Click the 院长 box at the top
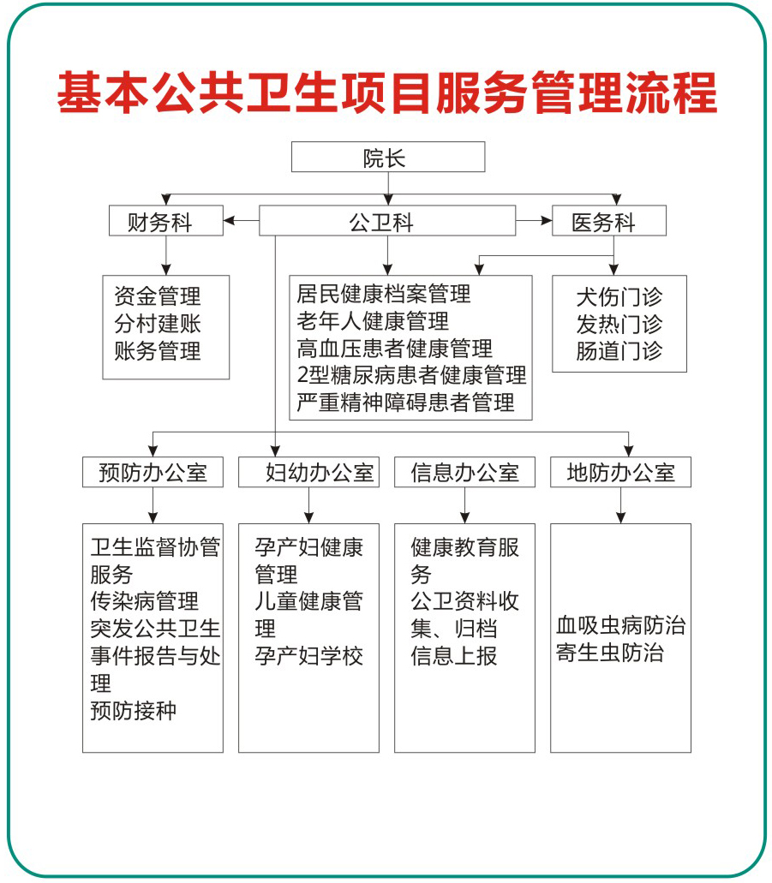387,157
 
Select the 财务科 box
165,221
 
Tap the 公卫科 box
387,221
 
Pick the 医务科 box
609,221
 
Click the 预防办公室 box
153,472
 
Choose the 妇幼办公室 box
308,472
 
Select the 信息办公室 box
465,472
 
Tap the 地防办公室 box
620,472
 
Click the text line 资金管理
158,296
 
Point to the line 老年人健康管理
373,321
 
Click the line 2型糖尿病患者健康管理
411,375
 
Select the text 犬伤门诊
619,297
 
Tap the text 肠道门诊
619,351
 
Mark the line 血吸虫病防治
621,626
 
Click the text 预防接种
134,710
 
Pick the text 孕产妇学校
308,655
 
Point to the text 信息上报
454,655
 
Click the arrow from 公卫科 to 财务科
241,220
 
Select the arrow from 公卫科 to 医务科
534,220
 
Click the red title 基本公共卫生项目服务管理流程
386,92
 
